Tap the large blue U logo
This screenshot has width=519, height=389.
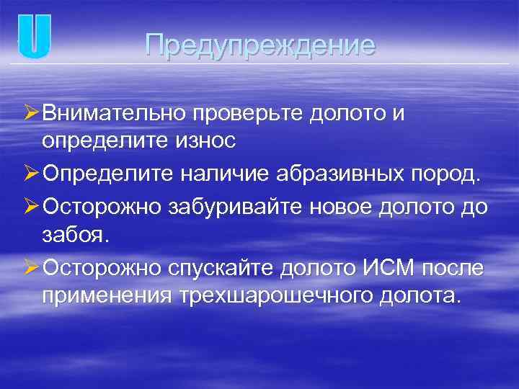point(35,37)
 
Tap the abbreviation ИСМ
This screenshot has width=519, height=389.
point(383,267)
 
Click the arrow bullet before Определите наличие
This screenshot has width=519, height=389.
point(32,174)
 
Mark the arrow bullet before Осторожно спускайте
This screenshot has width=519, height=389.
point(32,267)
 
